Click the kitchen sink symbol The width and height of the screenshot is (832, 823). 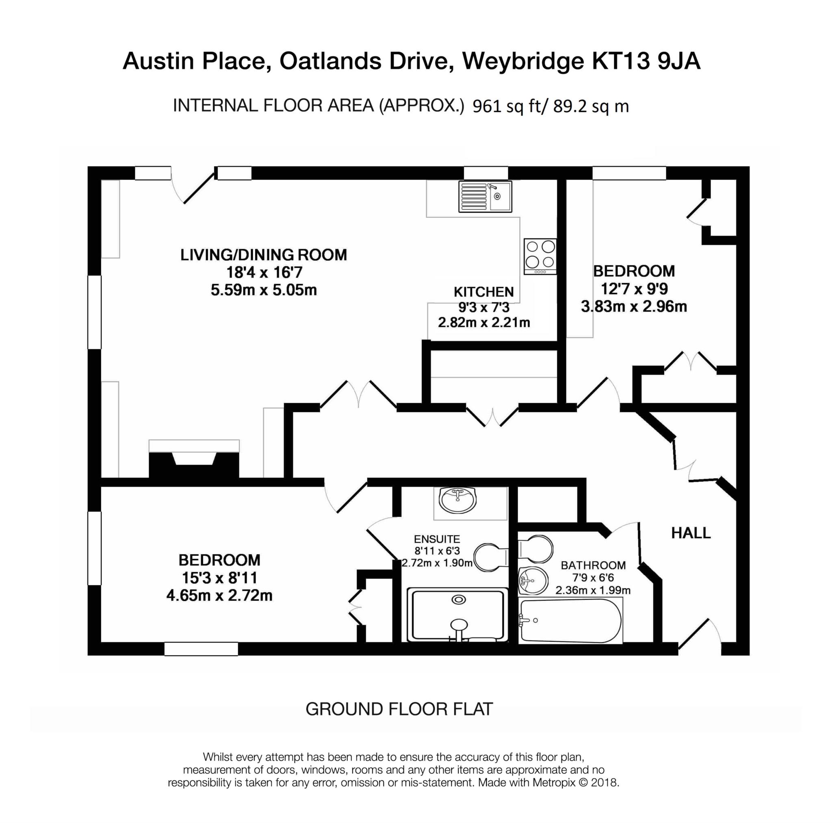click(x=485, y=196)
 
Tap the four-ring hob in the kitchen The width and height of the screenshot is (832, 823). click(x=540, y=256)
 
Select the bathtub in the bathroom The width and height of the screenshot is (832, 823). click(x=571, y=621)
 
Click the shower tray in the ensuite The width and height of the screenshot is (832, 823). click(x=457, y=615)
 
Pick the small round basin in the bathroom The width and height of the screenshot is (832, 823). click(x=533, y=580)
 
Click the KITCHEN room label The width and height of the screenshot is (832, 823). click(x=483, y=292)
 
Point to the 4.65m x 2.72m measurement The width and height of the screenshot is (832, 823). click(x=219, y=596)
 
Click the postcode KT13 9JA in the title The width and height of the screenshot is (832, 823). click(x=646, y=61)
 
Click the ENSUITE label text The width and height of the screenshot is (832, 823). click(x=437, y=539)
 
